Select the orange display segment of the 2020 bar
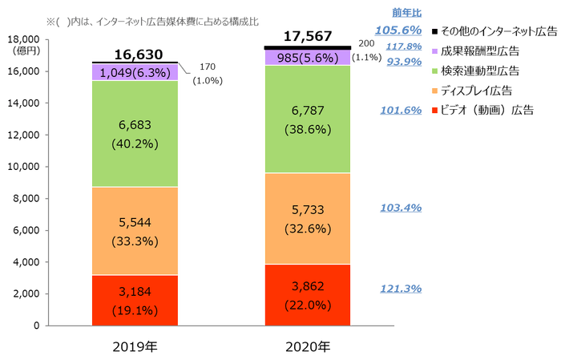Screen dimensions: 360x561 point(307,218)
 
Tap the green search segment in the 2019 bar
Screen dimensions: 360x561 point(135,133)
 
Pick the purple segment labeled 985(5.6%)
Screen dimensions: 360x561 point(307,57)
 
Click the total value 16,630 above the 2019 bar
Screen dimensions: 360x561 point(138,55)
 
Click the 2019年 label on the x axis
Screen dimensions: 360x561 point(135,346)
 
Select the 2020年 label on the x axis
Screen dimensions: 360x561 point(308,346)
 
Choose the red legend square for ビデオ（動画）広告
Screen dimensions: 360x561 point(434,109)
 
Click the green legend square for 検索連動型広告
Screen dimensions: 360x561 point(434,70)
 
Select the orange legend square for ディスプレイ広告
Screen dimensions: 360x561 point(434,89)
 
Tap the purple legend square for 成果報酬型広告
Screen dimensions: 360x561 point(434,51)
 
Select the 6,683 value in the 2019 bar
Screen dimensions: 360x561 point(135,125)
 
